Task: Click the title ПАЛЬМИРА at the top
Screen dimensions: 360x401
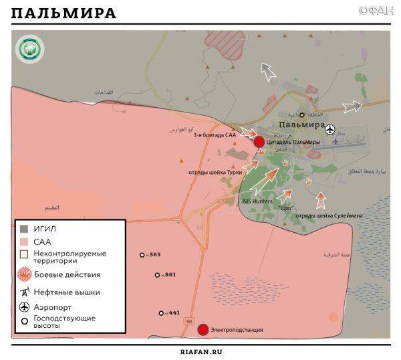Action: click(x=63, y=13)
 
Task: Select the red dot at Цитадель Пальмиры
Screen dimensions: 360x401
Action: click(x=259, y=141)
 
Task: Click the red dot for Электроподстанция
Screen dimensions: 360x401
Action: click(x=203, y=329)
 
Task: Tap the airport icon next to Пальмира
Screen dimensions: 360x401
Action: click(x=331, y=127)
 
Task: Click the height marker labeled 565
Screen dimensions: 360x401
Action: click(x=142, y=255)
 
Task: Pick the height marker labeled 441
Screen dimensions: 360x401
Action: click(x=161, y=313)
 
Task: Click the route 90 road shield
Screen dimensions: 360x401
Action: click(x=189, y=322)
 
